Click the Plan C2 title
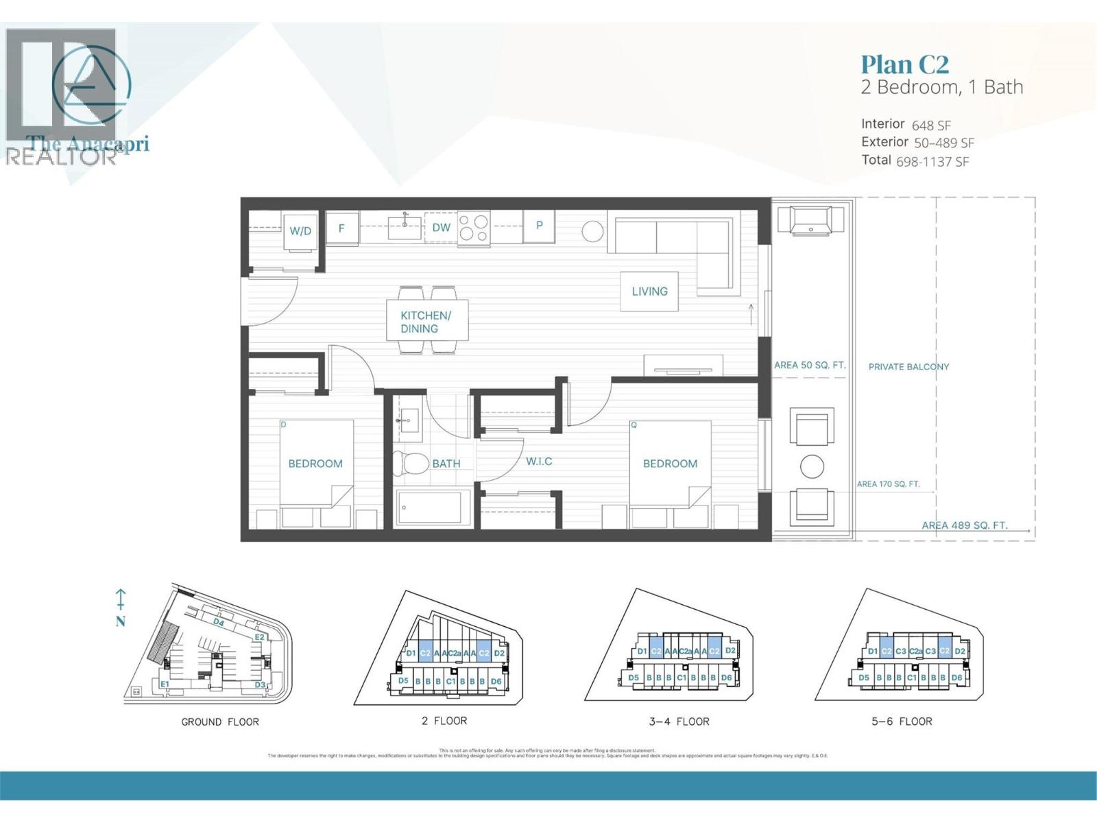904,64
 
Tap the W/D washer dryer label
300,231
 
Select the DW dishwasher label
441,228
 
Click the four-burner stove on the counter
474,228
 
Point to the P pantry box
540,226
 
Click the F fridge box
341,228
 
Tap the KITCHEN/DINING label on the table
425,322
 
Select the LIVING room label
649,291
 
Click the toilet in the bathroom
410,464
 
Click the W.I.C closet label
539,462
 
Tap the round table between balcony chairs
812,466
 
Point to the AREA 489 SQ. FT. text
964,525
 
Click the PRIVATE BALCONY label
908,367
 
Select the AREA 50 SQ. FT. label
809,365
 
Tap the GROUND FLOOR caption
219,721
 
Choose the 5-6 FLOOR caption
901,721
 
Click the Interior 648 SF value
930,126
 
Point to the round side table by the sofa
592,232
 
